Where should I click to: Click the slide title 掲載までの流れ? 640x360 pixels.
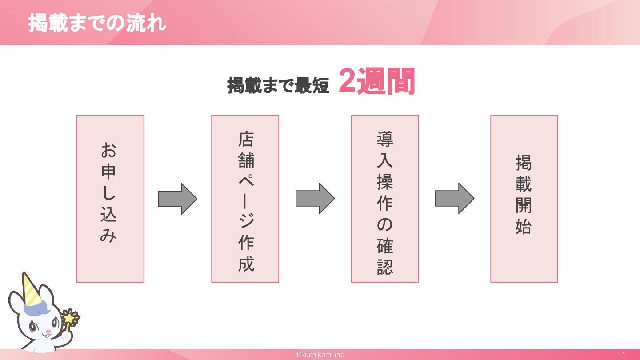97,23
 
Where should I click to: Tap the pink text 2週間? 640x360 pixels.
377,81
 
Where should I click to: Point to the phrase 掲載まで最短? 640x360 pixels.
278,85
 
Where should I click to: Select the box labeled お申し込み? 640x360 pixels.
110,199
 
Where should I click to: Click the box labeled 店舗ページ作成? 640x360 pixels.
245,199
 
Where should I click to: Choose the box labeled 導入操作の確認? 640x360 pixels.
385,199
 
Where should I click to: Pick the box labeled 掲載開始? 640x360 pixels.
524,199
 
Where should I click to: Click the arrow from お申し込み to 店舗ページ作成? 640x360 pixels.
177,199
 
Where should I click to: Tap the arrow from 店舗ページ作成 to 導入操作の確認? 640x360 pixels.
315,199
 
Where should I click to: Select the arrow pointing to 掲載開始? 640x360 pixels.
454,199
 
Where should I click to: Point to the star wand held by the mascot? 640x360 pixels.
70,318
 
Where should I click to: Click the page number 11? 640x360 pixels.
621,355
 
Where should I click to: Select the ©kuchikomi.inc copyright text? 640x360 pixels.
320,355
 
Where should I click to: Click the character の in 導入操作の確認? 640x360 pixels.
385,225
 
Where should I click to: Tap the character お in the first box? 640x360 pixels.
108,151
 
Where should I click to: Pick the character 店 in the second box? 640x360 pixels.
246,140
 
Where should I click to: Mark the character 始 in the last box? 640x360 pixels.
524,227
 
